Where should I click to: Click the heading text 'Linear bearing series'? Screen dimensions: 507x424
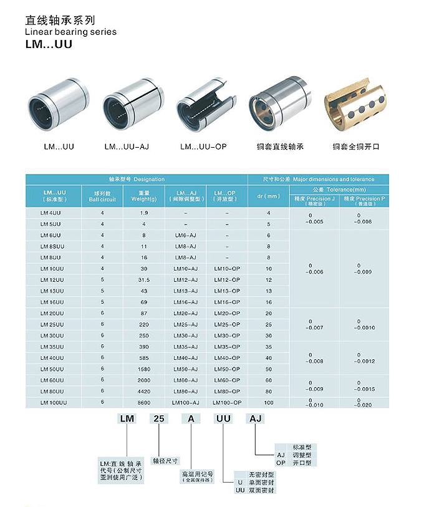pos(70,32)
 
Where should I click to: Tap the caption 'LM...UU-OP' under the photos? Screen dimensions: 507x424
pos(203,147)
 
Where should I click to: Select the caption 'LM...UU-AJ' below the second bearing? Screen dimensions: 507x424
pos(127,147)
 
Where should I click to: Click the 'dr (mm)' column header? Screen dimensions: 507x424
pos(269,197)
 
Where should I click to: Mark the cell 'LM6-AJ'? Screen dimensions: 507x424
pos(185,235)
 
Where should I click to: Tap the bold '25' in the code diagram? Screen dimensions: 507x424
pos(158,419)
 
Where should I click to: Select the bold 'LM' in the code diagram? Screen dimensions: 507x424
pos(127,419)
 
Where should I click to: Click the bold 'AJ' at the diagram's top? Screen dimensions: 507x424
pos(255,419)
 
